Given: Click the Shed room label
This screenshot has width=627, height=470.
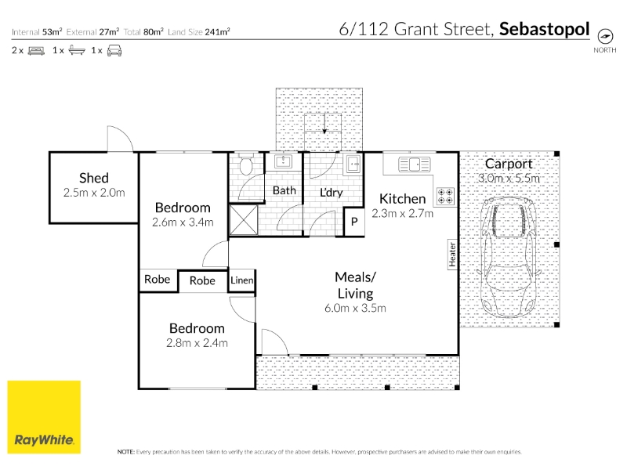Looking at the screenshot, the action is point(94,178).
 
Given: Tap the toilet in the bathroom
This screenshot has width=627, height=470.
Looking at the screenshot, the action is point(245,164).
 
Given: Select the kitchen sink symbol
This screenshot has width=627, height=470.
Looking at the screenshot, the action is point(414,164).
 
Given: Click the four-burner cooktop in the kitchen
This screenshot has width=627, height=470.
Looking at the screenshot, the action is point(445,196).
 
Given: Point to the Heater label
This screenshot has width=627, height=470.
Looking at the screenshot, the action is point(452,254).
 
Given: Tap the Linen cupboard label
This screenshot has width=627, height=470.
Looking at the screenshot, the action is point(242,280).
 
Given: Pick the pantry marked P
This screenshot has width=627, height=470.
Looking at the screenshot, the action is point(354,222).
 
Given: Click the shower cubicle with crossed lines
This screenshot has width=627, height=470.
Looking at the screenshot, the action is point(243,219).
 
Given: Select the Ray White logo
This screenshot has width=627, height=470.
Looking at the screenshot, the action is point(44,418).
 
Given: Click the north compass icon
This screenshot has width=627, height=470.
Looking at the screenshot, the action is point(605,36).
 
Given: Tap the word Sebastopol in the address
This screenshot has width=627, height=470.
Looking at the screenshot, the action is point(544,29).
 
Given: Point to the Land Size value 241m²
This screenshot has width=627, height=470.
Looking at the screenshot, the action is point(218,31).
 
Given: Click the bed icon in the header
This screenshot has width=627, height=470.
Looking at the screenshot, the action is point(36,51).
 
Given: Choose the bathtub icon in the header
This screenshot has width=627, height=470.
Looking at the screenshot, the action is point(77,50).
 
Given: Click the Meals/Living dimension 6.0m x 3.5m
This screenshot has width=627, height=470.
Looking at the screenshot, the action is point(355,308).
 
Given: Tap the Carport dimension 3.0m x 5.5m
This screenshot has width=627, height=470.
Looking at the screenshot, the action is point(509,179).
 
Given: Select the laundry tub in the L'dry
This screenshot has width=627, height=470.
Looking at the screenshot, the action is point(353,164).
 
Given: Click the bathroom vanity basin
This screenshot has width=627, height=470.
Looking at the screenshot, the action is point(284,162).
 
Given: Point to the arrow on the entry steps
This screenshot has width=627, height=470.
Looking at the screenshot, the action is point(324,122).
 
